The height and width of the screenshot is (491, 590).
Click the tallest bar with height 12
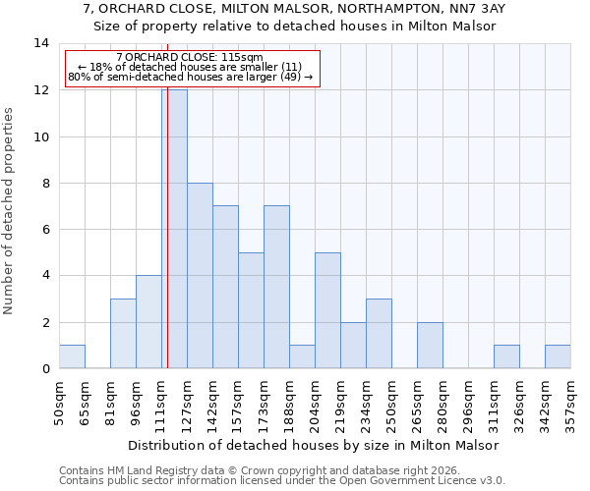[x=175, y=229]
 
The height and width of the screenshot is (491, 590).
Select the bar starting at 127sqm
[x=200, y=276]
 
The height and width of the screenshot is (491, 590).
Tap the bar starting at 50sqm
[x=72, y=357]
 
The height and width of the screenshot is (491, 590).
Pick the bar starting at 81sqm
[x=123, y=334]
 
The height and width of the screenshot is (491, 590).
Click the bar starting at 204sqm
[x=327, y=310]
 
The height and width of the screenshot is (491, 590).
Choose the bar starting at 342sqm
[x=558, y=357]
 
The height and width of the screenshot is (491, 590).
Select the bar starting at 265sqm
[x=430, y=346]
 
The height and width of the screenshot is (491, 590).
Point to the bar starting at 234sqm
[x=379, y=334]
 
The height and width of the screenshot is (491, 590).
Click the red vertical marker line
[x=168, y=245]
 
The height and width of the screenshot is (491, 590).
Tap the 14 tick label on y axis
[x=41, y=43]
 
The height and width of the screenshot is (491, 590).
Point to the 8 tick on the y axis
[x=45, y=183]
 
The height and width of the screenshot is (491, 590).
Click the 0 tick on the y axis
[x=45, y=369]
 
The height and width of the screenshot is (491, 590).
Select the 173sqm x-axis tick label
[x=265, y=403]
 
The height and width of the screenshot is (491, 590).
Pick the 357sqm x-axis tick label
[x=571, y=403]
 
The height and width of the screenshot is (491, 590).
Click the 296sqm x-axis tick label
[x=469, y=403]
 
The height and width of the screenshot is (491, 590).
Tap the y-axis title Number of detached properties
[x=10, y=210]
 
